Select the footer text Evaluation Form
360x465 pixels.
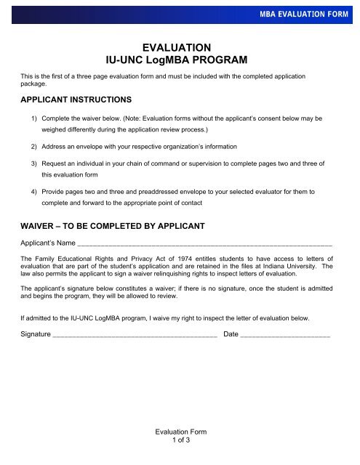(179, 432)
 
